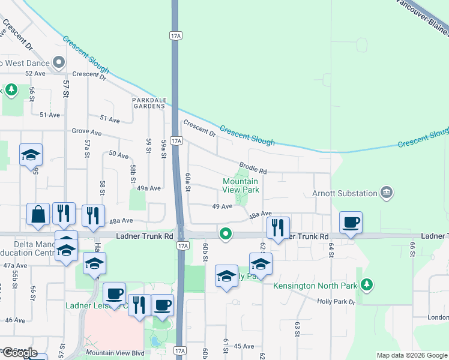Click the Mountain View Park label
coord(240,185)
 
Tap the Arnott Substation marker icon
coord(387,193)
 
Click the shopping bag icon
coord(38,215)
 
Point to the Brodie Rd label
coord(252,167)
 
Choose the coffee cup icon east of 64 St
coord(351,222)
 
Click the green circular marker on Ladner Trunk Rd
coord(226,234)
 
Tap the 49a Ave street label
coord(149,188)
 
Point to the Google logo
coord(19,353)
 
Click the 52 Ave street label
coord(35,73)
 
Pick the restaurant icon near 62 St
coord(278,227)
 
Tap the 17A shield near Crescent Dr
coord(175,141)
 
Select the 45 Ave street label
coord(244,346)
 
